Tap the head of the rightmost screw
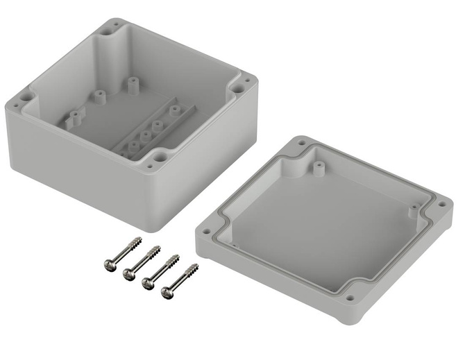pos(167,293)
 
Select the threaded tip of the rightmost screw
pos(196,266)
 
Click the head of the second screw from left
pos(129,275)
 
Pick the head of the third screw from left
pos(149,284)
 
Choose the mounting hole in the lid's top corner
pos(303,144)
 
